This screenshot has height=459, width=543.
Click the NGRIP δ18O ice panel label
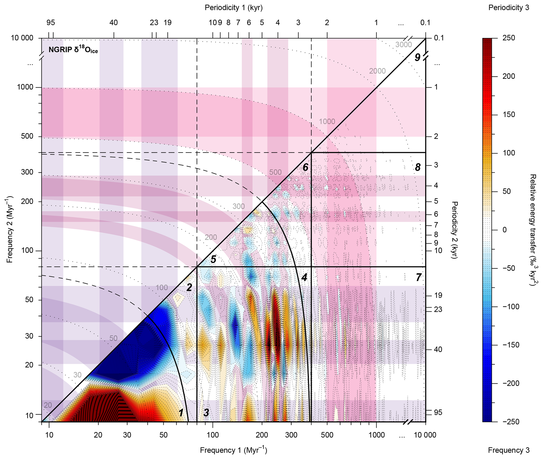pyautogui.click(x=73, y=50)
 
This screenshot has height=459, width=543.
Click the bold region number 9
pyautogui.click(x=417, y=57)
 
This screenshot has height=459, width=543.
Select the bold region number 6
pyautogui.click(x=305, y=167)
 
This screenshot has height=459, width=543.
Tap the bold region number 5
pyautogui.click(x=213, y=260)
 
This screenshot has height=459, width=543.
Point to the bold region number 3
pyautogui.click(x=206, y=413)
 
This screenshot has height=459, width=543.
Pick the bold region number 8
pyautogui.click(x=418, y=167)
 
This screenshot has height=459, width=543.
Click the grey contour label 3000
pyautogui.click(x=404, y=45)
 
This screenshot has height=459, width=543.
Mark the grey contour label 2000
pyautogui.click(x=377, y=71)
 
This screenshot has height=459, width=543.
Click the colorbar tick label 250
pyautogui.click(x=509, y=38)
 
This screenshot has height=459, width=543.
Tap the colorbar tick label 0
pyautogui.click(x=504, y=230)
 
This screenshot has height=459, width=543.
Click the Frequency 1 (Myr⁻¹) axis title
pyautogui.click(x=233, y=450)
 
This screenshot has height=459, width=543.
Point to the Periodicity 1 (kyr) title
pyautogui.click(x=234, y=8)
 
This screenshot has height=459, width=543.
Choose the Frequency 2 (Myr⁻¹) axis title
pyautogui.click(x=10, y=229)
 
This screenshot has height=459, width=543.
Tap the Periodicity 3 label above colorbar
pyautogui.click(x=509, y=8)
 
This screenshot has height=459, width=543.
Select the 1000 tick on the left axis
pyautogui.click(x=25, y=87)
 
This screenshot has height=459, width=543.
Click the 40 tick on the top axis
pyautogui.click(x=113, y=23)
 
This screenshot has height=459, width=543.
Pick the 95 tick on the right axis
pyautogui.click(x=438, y=413)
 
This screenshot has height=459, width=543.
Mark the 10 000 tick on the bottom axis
pyautogui.click(x=425, y=435)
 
